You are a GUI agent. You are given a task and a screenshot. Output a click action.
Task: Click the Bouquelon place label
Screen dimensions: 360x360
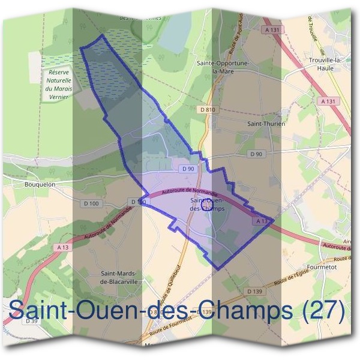coord(41,185)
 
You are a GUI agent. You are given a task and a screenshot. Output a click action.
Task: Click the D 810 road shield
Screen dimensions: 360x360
coord(208,109)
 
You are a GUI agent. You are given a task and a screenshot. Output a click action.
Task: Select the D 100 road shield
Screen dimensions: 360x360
coord(91,203)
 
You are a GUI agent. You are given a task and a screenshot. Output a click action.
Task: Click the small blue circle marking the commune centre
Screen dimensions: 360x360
coord(207,205)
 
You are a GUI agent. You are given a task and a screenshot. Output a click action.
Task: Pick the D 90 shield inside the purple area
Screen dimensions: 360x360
coord(188,169)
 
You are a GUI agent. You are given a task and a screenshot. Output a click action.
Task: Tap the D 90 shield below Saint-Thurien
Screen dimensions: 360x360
coord(256,154)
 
